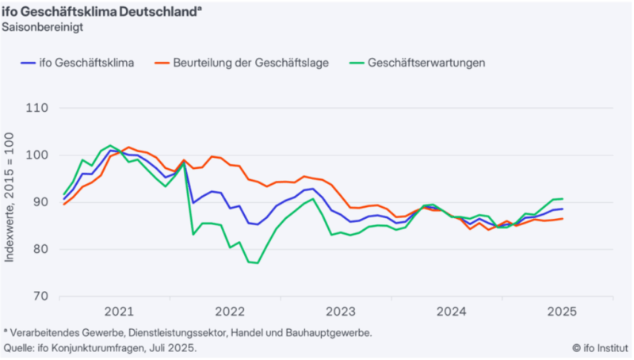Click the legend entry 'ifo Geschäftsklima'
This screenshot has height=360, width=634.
coord(88,63)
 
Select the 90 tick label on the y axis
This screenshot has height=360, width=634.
coord(39,202)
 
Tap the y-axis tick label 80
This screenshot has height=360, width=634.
coord(39,249)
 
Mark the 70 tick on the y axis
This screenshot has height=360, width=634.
coord(39,297)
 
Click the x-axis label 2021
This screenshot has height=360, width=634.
coord(118,312)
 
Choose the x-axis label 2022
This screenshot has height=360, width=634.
coord(229,312)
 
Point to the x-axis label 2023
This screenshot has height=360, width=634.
coord(340,312)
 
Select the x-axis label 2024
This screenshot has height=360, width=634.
coord(451,312)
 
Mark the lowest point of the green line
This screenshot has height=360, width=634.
coord(258,262)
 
